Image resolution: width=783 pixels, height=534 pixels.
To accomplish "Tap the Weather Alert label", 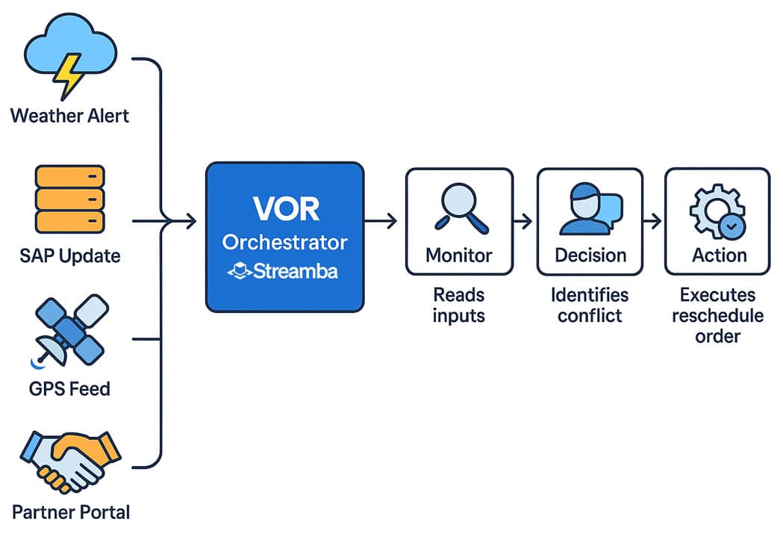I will click(x=69, y=116).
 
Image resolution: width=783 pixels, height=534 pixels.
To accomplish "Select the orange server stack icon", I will click(x=69, y=199).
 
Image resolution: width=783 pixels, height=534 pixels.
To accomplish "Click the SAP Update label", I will click(x=69, y=256).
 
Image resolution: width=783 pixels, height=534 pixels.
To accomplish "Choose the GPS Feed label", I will click(x=69, y=388).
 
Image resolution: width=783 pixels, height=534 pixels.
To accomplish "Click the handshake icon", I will click(x=69, y=461).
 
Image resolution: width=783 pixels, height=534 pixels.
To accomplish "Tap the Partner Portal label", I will click(x=71, y=512).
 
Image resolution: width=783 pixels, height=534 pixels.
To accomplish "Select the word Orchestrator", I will click(x=285, y=243).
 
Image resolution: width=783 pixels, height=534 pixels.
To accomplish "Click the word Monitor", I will click(x=459, y=255).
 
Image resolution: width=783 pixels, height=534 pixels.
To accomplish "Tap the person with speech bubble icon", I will click(x=590, y=209).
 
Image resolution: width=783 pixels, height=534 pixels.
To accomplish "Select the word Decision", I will click(x=590, y=255).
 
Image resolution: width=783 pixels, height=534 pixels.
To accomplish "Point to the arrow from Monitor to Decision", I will click(x=525, y=221).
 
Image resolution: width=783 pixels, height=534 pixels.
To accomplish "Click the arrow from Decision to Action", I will click(x=653, y=221).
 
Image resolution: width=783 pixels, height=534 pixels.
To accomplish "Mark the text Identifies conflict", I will click(x=590, y=305).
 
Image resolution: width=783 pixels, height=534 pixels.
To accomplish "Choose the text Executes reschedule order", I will click(x=717, y=315).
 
